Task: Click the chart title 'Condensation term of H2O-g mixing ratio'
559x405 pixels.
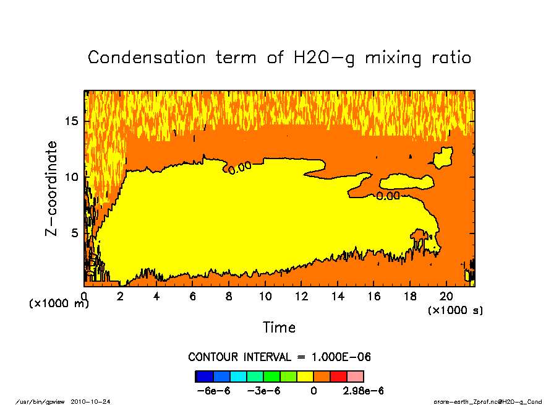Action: coord(279,58)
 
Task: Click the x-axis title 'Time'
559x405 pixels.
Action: coord(279,327)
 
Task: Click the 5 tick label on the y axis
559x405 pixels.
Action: coord(75,233)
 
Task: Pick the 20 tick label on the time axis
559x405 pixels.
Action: coord(446,297)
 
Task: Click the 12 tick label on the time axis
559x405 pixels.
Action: coord(301,297)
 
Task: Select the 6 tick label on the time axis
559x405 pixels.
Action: coord(193,297)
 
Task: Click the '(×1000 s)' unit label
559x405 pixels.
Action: coord(455,310)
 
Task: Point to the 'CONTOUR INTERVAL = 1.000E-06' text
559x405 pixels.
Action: coord(279,357)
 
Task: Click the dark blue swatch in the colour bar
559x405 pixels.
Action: coord(204,376)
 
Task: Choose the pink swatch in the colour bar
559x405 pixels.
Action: coord(355,376)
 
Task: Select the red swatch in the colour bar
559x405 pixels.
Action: coord(338,376)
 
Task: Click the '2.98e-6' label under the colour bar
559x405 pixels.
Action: coord(364,391)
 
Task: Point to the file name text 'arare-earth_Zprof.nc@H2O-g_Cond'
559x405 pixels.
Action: coord(488,402)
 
